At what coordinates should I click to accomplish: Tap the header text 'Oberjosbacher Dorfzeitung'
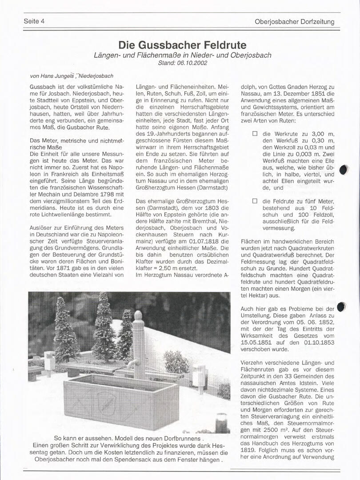[294, 21]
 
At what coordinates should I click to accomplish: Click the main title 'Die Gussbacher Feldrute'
[182, 45]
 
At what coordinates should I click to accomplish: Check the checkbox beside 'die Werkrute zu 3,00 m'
[255, 133]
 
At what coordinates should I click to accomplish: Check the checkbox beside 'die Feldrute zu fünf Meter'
[255, 201]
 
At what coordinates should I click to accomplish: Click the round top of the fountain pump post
[138, 316]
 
